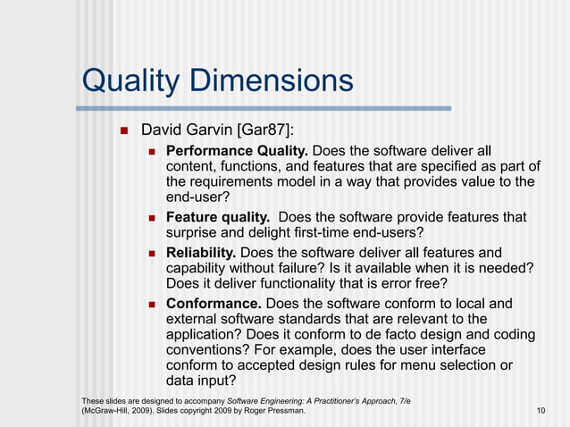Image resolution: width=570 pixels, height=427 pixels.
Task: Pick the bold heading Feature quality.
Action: click(x=218, y=218)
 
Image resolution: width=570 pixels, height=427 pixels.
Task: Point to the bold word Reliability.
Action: click(x=201, y=253)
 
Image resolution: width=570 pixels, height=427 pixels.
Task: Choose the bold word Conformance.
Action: click(x=214, y=304)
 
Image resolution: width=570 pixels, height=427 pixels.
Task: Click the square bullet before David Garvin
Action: click(x=125, y=132)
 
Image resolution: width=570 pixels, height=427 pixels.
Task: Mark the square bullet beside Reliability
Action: click(x=153, y=254)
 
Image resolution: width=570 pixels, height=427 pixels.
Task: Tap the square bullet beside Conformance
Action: click(x=153, y=305)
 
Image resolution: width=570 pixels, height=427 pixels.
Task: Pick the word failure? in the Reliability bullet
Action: click(x=311, y=269)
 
